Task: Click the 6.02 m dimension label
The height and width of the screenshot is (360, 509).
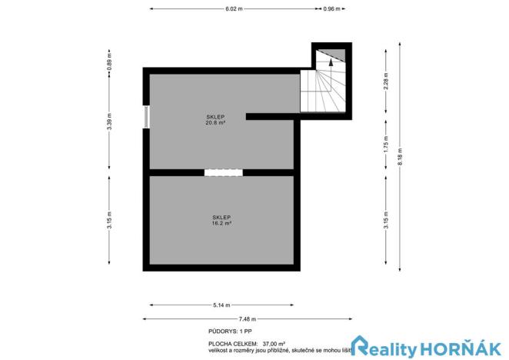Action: click(x=235, y=8)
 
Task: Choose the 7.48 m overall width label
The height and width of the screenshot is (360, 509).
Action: click(x=247, y=318)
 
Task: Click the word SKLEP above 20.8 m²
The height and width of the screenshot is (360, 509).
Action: click(x=215, y=117)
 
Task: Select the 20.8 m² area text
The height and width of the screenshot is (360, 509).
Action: click(x=215, y=123)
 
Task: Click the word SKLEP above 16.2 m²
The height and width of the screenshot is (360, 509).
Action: click(x=222, y=217)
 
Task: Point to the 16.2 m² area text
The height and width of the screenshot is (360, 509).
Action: click(x=222, y=223)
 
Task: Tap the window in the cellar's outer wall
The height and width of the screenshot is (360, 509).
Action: click(x=146, y=116)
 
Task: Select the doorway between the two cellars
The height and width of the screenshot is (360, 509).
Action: click(x=223, y=172)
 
